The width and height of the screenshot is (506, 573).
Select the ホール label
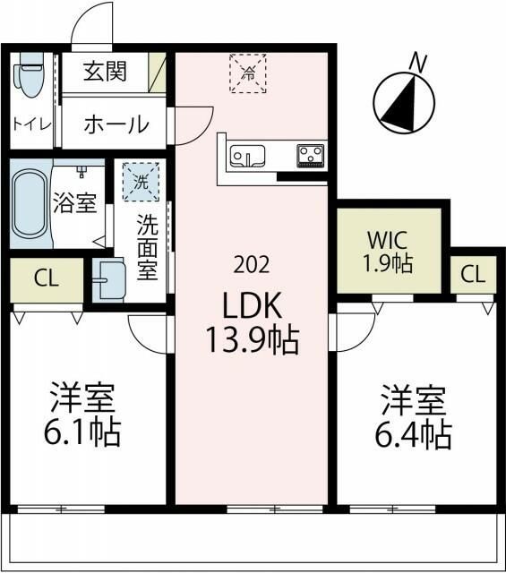(x=116, y=124)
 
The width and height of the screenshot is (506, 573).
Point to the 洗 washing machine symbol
(x=140, y=179)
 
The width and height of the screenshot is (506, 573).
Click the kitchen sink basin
(x=246, y=157)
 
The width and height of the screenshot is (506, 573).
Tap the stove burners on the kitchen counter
(x=311, y=155)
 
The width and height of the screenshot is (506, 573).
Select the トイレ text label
(x=31, y=123)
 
